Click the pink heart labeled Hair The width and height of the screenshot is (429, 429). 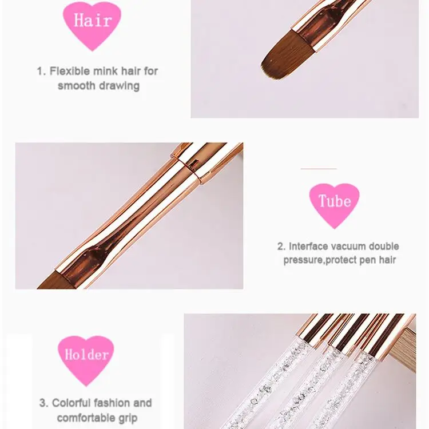point(92,22)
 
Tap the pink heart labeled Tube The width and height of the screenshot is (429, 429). point(334,202)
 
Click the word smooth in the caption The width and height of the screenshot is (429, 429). point(77,86)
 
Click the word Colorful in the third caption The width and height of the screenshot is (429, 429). point(74,403)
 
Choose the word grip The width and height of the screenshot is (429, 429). point(126,418)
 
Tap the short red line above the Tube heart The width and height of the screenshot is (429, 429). point(319,169)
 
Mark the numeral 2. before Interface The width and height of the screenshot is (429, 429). point(281,247)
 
